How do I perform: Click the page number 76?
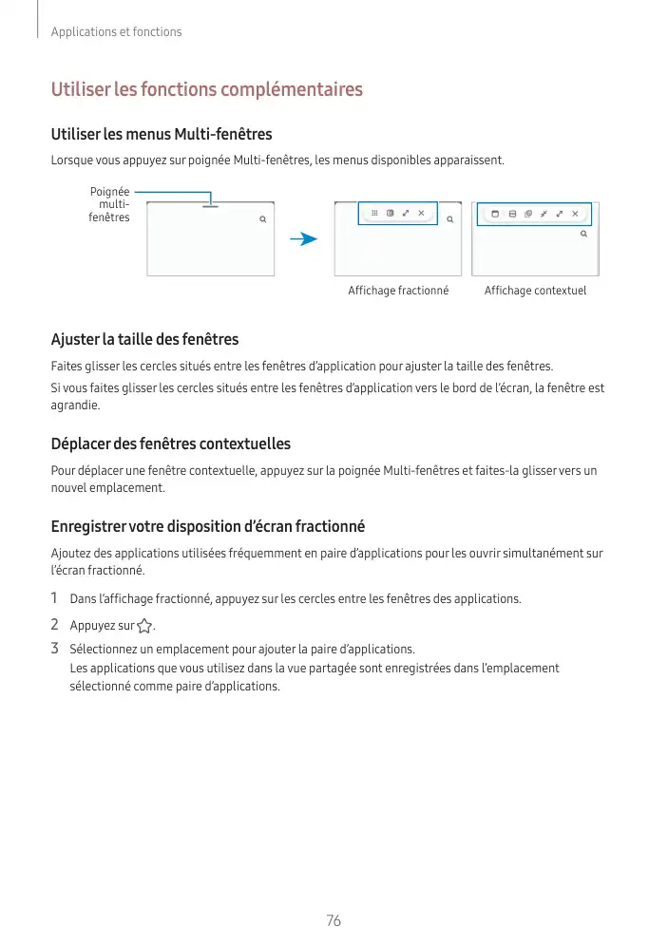[333, 921]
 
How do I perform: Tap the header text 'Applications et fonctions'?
[116, 32]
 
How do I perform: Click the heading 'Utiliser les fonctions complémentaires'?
[206, 90]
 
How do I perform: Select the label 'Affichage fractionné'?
[398, 291]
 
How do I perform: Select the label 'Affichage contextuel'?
[535, 291]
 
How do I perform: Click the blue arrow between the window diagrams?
[303, 239]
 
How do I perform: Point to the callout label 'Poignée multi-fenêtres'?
[109, 205]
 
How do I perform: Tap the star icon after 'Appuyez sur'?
[144, 627]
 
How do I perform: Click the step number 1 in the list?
[55, 599]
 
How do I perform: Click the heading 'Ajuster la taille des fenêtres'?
[144, 339]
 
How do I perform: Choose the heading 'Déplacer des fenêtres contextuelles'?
[170, 444]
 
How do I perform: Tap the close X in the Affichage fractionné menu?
[421, 214]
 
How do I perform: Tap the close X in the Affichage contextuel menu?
[574, 214]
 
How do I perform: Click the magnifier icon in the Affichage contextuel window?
[583, 233]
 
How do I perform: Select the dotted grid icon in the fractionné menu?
[374, 214]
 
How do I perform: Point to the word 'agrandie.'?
[74, 405]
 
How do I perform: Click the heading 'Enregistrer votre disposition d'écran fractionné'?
[207, 526]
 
